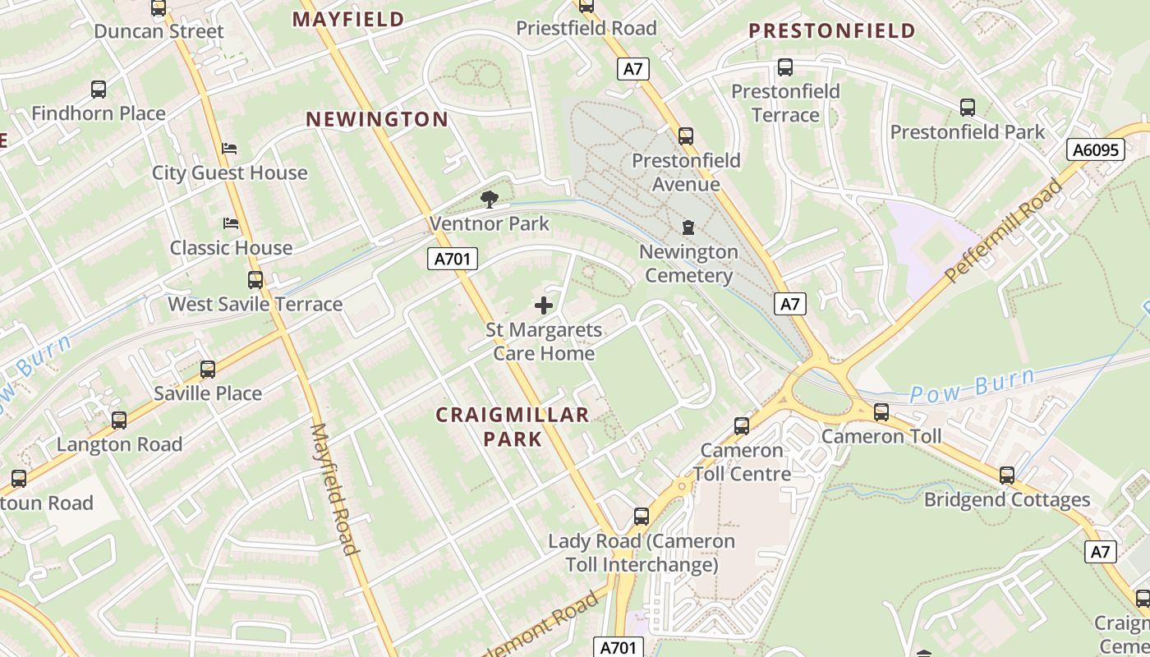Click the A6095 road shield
pyautogui.click(x=1096, y=149)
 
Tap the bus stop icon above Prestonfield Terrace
pyautogui.click(x=784, y=67)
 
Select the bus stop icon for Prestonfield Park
pyautogui.click(x=967, y=108)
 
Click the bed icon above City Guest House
pyautogui.click(x=229, y=149)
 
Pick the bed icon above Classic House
pyautogui.click(x=231, y=223)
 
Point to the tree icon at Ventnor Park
pyautogui.click(x=490, y=199)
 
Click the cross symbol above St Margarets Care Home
pyautogui.click(x=543, y=306)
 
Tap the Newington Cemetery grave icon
pyautogui.click(x=688, y=227)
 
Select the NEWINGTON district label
pyautogui.click(x=377, y=120)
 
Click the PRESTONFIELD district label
pyautogui.click(x=832, y=31)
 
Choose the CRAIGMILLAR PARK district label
pyautogui.click(x=513, y=426)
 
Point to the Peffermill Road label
pyautogui.click(x=1004, y=231)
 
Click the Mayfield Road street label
pyautogui.click(x=334, y=489)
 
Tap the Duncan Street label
pyautogui.click(x=159, y=31)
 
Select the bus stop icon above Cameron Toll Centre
pyautogui.click(x=742, y=425)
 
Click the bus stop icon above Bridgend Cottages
pyautogui.click(x=1006, y=475)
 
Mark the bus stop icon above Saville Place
pyautogui.click(x=207, y=370)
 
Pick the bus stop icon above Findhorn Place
pyautogui.click(x=99, y=90)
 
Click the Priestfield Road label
pyautogui.click(x=586, y=28)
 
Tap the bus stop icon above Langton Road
pyautogui.click(x=119, y=420)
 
